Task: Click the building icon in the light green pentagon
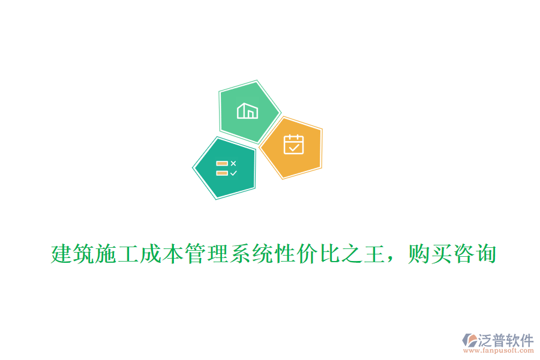click(247, 111)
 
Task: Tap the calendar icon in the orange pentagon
click(293, 145)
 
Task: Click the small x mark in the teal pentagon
click(233, 163)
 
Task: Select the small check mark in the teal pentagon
click(233, 173)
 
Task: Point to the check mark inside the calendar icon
click(293, 146)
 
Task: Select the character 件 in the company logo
click(527, 340)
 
